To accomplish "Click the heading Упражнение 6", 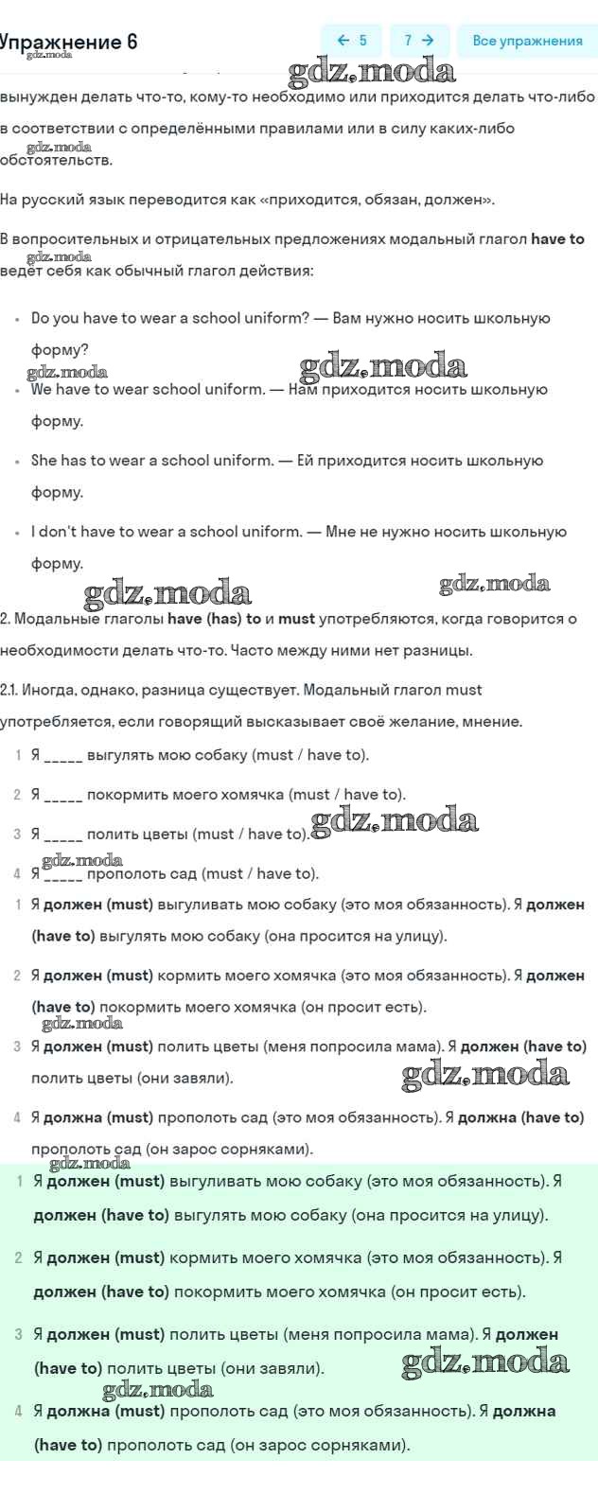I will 68,42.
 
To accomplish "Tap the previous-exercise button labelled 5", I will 351,41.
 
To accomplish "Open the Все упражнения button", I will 527,41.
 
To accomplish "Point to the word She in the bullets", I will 44,461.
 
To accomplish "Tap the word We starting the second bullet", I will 42,390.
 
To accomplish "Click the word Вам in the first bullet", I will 347,319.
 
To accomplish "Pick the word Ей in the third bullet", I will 305,461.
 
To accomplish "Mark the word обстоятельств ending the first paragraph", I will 55,161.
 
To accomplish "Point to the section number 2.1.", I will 9,690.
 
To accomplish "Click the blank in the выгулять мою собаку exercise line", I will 63,756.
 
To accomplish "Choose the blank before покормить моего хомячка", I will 63,796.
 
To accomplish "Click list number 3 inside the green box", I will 19,1335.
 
